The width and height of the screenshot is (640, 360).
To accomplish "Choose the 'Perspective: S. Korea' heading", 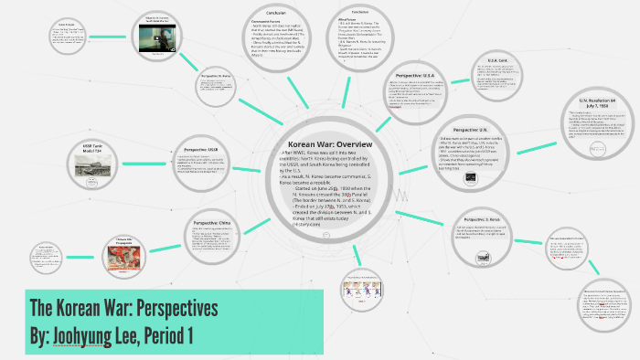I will pos(481,220).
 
